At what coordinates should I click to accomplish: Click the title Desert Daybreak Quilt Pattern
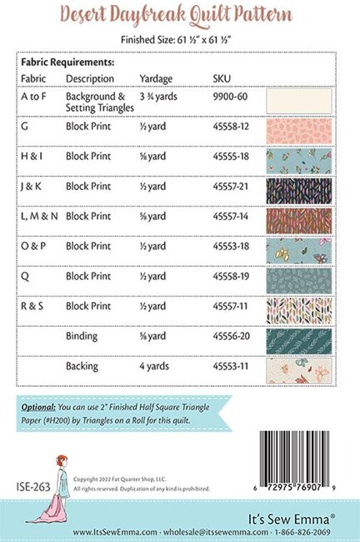[180, 15]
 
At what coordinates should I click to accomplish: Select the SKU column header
[222, 78]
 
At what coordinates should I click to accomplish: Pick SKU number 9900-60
[229, 97]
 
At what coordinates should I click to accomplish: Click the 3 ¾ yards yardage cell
[159, 97]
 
